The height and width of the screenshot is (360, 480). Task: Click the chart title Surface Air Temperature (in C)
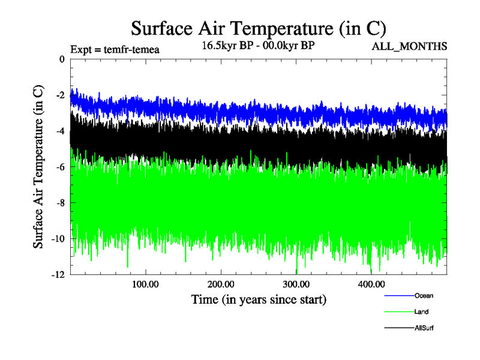click(x=258, y=28)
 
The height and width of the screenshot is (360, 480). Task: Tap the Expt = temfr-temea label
click(x=115, y=49)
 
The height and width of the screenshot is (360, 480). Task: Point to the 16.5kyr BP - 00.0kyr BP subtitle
click(x=258, y=45)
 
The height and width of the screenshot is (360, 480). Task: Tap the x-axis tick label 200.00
click(x=221, y=284)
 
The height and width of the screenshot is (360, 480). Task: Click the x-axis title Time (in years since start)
click(x=259, y=298)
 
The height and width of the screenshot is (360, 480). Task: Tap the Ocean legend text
click(x=424, y=295)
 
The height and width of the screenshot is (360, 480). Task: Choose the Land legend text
click(x=421, y=311)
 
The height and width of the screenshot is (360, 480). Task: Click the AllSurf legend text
click(x=424, y=328)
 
